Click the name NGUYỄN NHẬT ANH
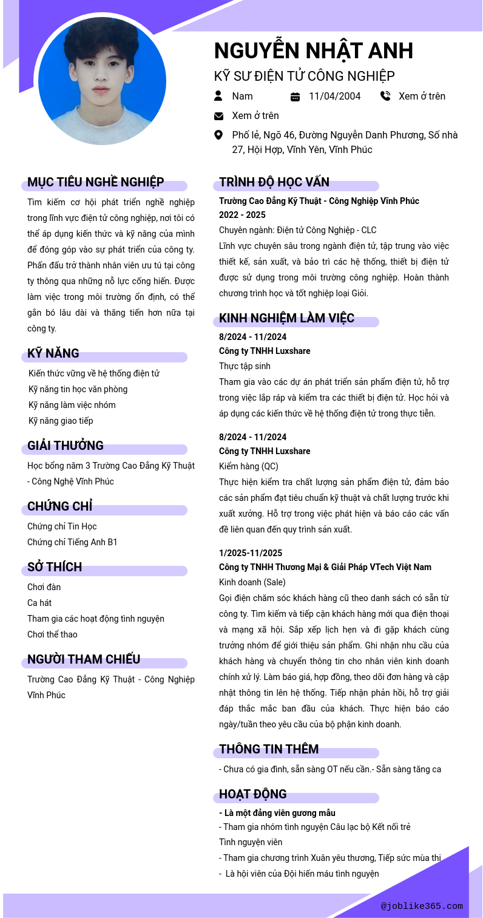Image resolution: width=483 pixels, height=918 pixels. pos(313,50)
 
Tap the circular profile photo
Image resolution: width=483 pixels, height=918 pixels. pos(102,81)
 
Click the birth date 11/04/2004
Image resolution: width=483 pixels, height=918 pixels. pos(334,96)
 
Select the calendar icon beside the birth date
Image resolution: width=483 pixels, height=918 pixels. pos(296,97)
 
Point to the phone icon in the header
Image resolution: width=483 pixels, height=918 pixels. pos(385,96)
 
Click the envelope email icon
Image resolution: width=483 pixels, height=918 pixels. pos(218,116)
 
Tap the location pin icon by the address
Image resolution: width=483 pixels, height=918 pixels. pos(218,135)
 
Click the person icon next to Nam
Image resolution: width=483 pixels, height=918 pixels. pos(218,96)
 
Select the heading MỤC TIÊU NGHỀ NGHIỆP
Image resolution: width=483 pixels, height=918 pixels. pos(95,182)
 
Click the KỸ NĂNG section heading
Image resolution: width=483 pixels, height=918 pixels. pos(53,353)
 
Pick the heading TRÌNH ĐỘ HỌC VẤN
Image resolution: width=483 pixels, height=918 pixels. pos(274,182)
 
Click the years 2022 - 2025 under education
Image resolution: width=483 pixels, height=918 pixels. pos(242,215)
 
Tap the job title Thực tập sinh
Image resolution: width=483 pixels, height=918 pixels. pos(245,366)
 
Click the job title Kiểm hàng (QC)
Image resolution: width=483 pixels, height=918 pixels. pos(249,466)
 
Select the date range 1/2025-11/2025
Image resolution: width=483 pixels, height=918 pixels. pos(251,553)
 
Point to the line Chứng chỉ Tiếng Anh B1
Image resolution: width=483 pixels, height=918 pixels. pos(72,542)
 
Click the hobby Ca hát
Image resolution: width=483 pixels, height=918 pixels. pos(39,603)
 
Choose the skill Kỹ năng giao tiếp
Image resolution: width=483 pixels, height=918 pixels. pos(61,421)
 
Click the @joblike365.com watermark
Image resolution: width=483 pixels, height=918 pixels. pos(422,906)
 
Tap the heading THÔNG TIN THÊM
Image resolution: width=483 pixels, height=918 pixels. pos(269,749)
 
